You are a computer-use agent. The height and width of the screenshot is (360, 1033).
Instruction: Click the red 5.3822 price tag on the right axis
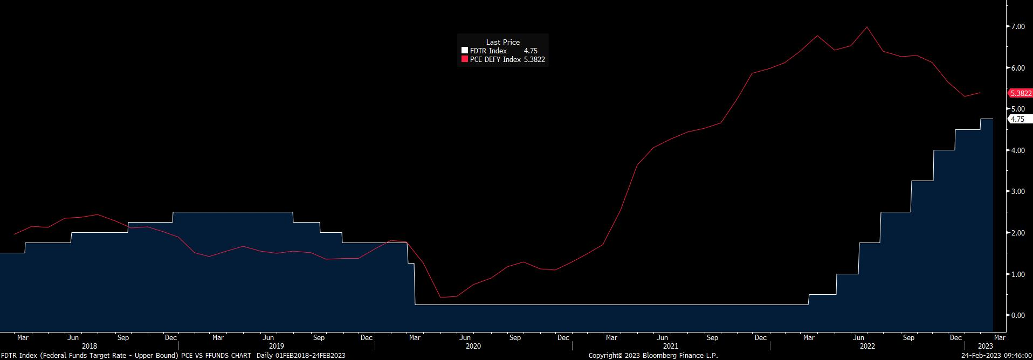[1020, 93]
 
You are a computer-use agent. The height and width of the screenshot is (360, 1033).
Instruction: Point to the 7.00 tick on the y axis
[1017, 26]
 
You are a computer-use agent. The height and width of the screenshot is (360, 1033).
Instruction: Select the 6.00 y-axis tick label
[1017, 68]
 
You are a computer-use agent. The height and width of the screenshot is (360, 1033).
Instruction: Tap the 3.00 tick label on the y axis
[1017, 192]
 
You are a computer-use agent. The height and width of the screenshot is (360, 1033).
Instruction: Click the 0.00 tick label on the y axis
[1017, 315]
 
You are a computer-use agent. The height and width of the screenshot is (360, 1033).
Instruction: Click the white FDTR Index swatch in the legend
[464, 51]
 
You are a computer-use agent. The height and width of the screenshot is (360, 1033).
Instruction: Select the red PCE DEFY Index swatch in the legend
[464, 59]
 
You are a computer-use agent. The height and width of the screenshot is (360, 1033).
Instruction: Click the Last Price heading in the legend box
[502, 42]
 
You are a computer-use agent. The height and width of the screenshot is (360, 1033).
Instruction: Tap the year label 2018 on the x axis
[89, 346]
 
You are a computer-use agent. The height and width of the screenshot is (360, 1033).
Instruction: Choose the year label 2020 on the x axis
[473, 346]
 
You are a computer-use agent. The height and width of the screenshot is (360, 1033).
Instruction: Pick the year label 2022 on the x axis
[867, 346]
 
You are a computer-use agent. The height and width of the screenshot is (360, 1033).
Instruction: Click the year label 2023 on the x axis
[985, 346]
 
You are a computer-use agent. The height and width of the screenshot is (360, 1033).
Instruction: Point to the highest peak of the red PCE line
[866, 27]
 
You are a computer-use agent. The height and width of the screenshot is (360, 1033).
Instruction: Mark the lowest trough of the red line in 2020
[440, 297]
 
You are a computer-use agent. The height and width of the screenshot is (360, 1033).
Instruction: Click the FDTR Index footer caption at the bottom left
[173, 356]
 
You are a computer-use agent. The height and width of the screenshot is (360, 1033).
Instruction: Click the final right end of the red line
[980, 93]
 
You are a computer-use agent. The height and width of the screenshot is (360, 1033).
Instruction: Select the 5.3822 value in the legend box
[534, 59]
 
